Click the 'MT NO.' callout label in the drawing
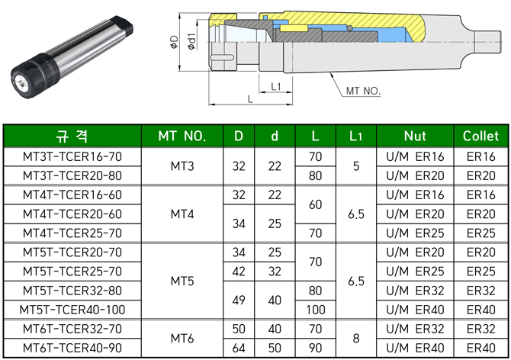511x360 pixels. [x=362, y=92]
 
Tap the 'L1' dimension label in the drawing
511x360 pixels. [x=277, y=86]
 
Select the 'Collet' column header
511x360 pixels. [x=480, y=137]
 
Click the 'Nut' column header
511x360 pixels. [x=414, y=137]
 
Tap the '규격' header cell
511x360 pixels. [x=72, y=137]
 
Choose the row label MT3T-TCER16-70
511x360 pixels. [x=72, y=156]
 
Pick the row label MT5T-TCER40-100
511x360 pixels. [x=72, y=310]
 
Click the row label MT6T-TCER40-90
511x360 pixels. [x=72, y=348]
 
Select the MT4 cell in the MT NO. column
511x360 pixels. [x=182, y=214]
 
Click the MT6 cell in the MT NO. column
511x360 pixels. [x=182, y=338]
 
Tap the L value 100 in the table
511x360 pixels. [x=315, y=310]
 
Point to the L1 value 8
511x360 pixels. [x=355, y=338]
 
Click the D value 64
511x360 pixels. [x=239, y=348]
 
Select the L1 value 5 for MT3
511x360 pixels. [x=355, y=166]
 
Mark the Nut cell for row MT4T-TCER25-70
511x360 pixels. [x=414, y=233]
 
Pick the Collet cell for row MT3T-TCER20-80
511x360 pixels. [x=480, y=175]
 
